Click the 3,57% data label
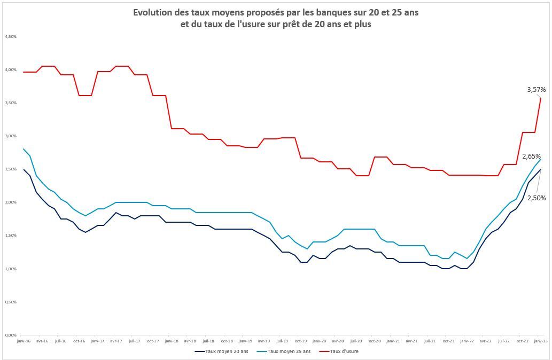pyautogui.click(x=536, y=90)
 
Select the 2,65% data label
pyautogui.click(x=531, y=156)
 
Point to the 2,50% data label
pyautogui.click(x=537, y=198)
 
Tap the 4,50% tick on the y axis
pyautogui.click(x=11, y=36)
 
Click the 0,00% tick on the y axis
pyautogui.click(x=11, y=335)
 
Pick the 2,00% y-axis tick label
pyautogui.click(x=11, y=202)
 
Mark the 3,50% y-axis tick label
pyautogui.click(x=11, y=103)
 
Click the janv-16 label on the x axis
pyautogui.click(x=24, y=340)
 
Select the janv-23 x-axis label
pyautogui.click(x=541, y=340)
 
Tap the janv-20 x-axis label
pyautogui.click(x=319, y=340)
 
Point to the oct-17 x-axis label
pyautogui.click(x=153, y=340)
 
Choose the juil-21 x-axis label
pyautogui.click(x=430, y=340)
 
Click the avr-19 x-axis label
pyautogui.click(x=263, y=340)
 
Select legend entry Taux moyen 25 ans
pyautogui.click(x=285, y=351)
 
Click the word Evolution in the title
pyautogui.click(x=153, y=12)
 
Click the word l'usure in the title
pyautogui.click(x=243, y=25)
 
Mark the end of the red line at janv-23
pyautogui.click(x=541, y=98)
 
